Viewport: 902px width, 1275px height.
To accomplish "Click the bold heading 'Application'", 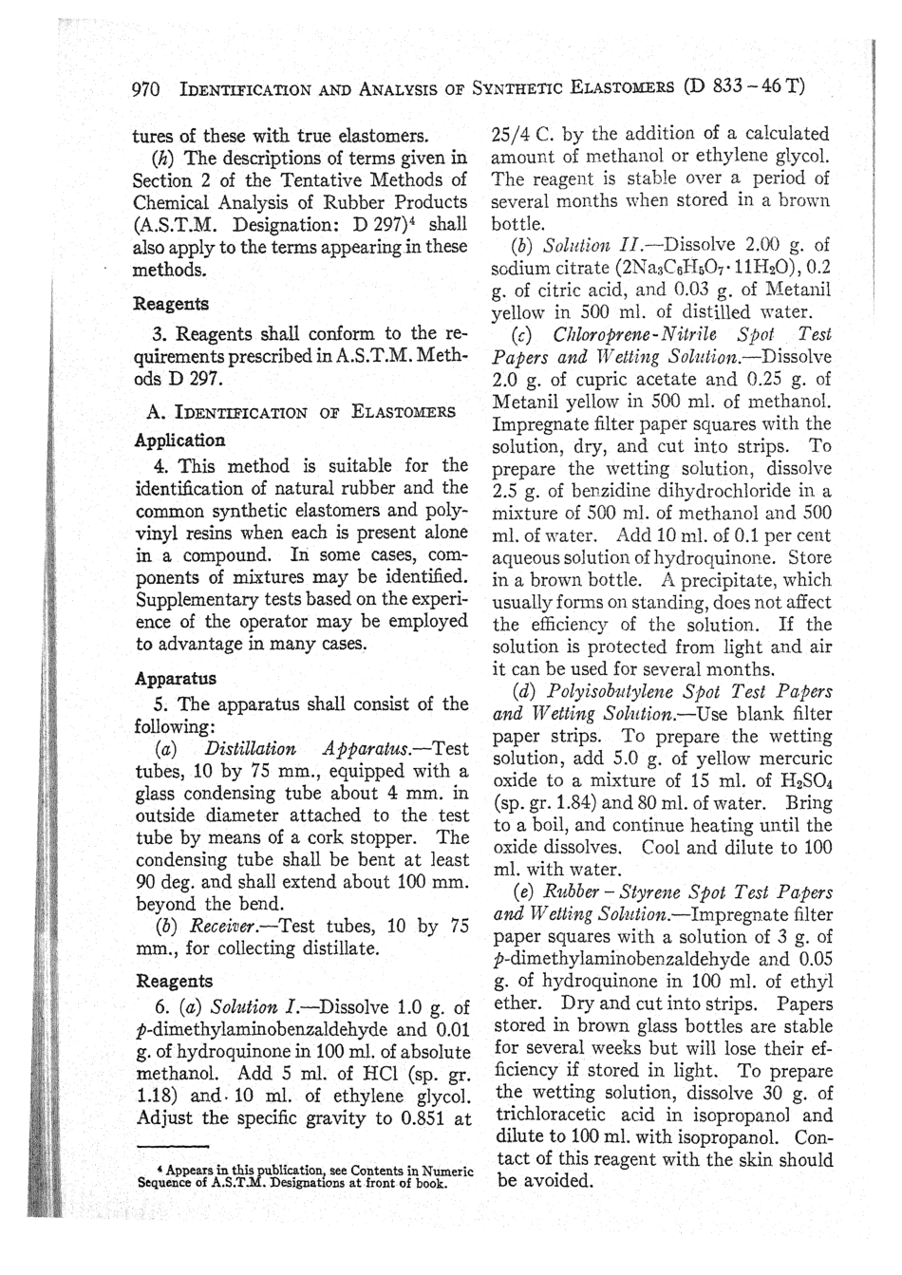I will coord(179,441).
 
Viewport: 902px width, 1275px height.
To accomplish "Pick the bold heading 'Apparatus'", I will coord(176,679).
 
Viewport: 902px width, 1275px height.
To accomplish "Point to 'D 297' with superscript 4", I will coord(396,224).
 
